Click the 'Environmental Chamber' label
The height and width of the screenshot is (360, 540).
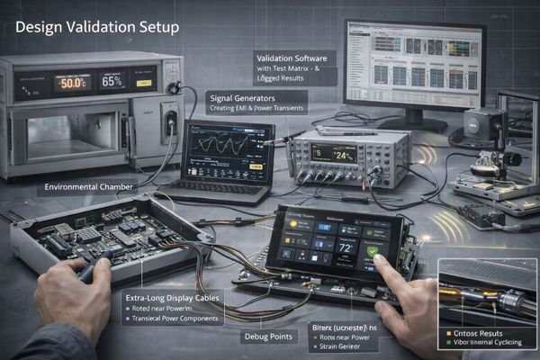tap(87, 188)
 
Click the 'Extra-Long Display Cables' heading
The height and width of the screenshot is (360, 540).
tap(171, 295)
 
